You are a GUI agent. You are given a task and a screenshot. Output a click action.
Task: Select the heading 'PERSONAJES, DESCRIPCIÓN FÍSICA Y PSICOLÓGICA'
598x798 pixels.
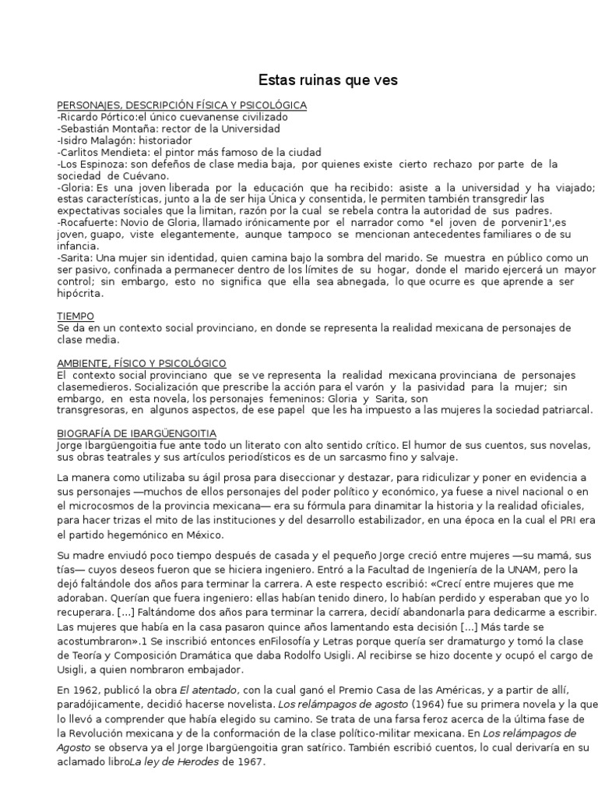(x=182, y=105)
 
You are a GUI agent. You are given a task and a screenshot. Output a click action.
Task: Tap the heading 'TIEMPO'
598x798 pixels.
(x=76, y=316)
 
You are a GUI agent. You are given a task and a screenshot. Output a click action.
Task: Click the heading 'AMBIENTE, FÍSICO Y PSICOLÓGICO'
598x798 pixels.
(x=142, y=363)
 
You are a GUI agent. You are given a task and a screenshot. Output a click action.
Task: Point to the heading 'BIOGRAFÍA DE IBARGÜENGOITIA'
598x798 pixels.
(x=137, y=433)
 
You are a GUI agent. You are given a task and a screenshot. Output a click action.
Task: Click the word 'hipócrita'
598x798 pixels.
(x=80, y=294)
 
